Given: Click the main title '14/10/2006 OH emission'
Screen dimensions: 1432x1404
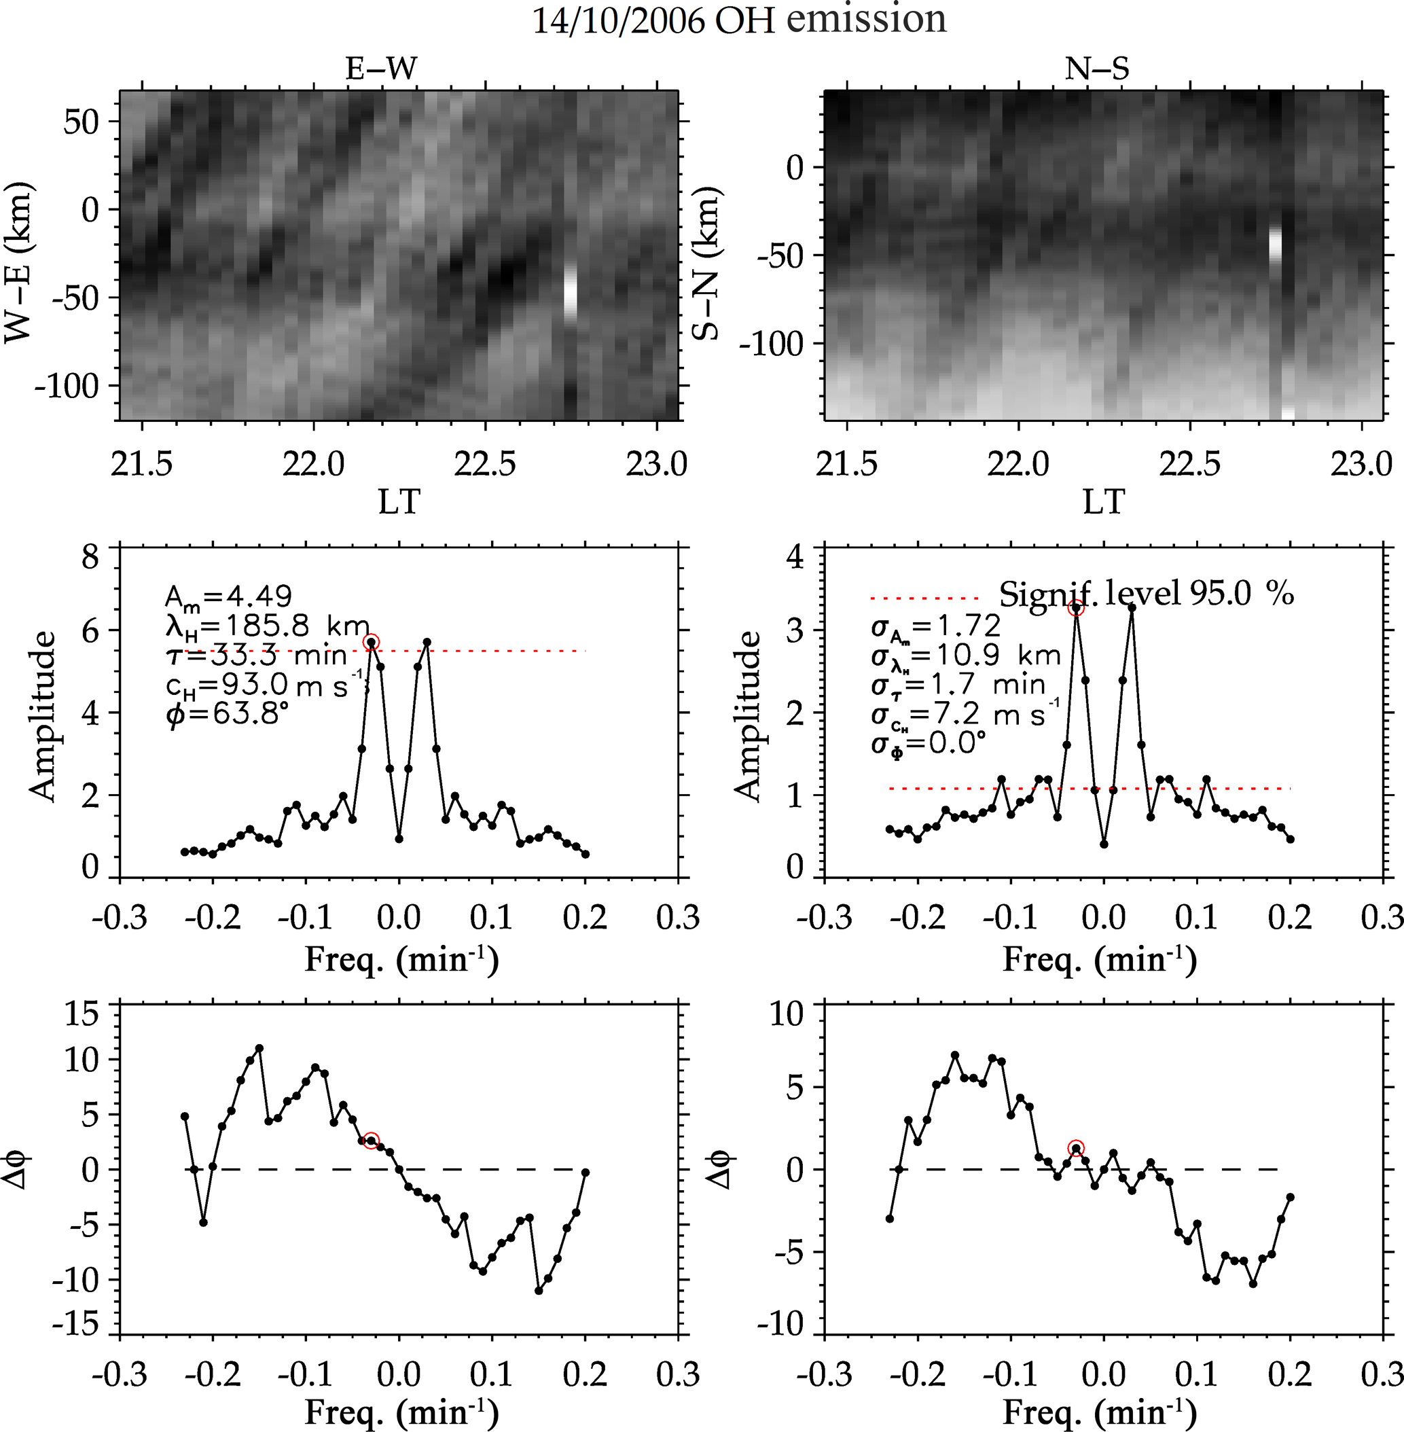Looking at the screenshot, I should point(739,20).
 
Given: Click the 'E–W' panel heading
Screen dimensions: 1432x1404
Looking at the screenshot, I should point(381,69).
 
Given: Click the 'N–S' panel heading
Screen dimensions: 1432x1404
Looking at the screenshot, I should point(1097,69).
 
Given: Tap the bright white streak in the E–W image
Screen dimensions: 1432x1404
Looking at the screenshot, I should point(570,291).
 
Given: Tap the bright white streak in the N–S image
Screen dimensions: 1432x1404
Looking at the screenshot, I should point(1275,244).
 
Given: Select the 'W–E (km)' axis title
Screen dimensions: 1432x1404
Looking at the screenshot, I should point(19,264).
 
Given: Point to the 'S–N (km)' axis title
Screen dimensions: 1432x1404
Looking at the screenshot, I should point(707,264).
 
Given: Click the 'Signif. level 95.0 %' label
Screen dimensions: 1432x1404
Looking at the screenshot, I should point(1146,594).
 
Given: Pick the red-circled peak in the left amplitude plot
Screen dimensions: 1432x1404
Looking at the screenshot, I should point(371,642).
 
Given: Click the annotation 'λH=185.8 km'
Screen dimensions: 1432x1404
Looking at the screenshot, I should point(266,626).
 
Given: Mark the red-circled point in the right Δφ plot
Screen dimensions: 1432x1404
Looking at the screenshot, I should point(1076,1149).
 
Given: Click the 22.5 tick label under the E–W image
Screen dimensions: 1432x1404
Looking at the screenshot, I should point(484,465).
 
